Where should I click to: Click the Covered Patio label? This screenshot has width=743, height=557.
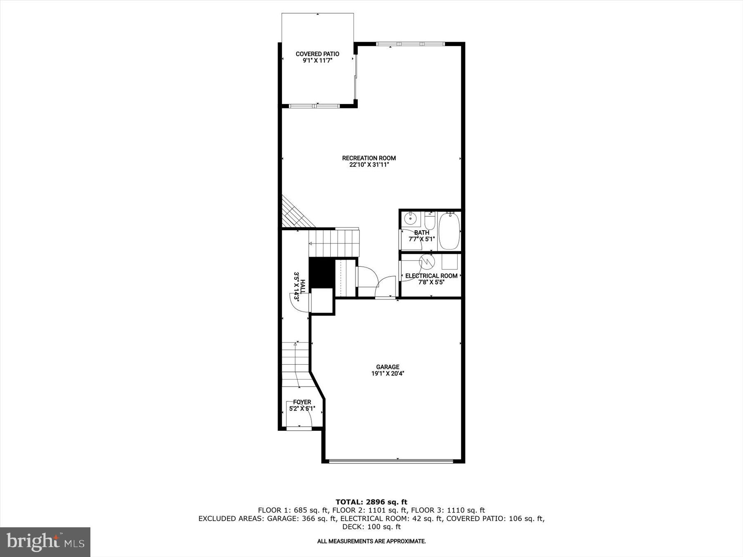pyautogui.click(x=317, y=54)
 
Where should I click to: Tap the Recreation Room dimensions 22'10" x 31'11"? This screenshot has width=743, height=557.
pyautogui.click(x=369, y=165)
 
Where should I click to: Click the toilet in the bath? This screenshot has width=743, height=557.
pyautogui.click(x=430, y=221)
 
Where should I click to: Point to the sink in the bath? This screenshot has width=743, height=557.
pyautogui.click(x=410, y=219)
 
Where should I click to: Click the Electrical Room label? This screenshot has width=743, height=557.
pyautogui.click(x=431, y=276)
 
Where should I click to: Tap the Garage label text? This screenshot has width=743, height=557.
pyautogui.click(x=388, y=367)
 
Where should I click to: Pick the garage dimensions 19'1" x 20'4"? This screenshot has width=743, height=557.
pyautogui.click(x=388, y=373)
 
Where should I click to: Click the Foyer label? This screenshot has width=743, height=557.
pyautogui.click(x=302, y=402)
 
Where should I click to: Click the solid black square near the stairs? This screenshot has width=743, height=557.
pyautogui.click(x=322, y=272)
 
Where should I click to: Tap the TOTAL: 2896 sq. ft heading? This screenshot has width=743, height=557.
pyautogui.click(x=371, y=502)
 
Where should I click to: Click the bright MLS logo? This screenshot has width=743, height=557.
pyautogui.click(x=45, y=542)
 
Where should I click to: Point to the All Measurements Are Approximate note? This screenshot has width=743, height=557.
pyautogui.click(x=371, y=541)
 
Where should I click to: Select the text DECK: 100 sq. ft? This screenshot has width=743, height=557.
pyautogui.click(x=371, y=527)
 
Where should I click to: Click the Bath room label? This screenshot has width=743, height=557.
pyautogui.click(x=421, y=233)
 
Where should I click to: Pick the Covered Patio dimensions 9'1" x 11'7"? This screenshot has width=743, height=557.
pyautogui.click(x=317, y=61)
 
